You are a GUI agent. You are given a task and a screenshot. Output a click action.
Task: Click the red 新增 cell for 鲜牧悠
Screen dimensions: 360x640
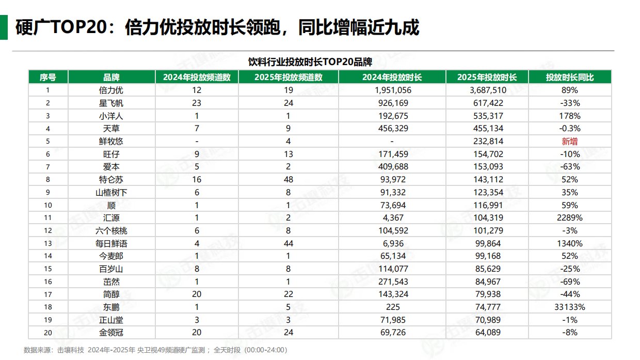pos(570,141)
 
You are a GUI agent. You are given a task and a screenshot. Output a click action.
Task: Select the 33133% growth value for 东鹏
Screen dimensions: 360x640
pos(570,307)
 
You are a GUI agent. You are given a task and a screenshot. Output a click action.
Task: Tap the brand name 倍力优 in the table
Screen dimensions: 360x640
pos(111,90)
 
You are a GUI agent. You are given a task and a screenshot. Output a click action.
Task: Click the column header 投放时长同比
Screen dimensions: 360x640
pos(570,77)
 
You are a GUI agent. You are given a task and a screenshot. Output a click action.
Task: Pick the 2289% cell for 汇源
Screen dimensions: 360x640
pos(570,218)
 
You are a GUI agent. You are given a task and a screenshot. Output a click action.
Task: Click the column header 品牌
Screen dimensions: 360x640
pos(111,77)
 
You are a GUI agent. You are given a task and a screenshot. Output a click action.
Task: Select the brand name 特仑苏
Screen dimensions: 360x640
pos(111,180)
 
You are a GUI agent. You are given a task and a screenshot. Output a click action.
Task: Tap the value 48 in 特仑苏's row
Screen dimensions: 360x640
pos(289,180)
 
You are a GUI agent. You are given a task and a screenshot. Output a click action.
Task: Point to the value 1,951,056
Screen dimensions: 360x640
pos(392,90)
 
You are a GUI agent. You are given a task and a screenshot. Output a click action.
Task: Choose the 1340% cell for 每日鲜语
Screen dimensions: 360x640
pos(570,243)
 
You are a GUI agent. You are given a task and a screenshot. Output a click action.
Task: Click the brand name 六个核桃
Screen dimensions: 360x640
pos(111,231)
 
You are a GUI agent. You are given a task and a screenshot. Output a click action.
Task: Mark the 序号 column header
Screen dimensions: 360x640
pos(47,77)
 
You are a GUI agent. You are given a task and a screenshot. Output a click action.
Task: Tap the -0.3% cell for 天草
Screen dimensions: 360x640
pos(570,129)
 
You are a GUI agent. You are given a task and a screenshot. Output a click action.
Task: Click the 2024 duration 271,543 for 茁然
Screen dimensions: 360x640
pos(392,282)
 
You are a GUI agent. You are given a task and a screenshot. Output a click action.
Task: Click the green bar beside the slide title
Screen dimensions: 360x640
pos(4,27)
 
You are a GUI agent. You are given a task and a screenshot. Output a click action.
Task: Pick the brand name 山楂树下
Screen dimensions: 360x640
pos(111,192)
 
